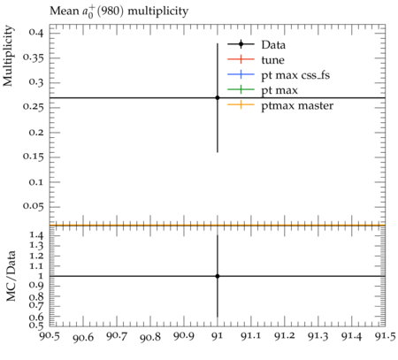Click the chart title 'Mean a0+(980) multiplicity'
pyautogui.click(x=119, y=11)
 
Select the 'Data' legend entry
pyautogui.click(x=273, y=45)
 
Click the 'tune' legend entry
pyautogui.click(x=272, y=60)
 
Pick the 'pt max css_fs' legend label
pyautogui.click(x=295, y=75)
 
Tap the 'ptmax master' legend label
pyautogui.click(x=297, y=105)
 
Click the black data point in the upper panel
pyautogui.click(x=218, y=97)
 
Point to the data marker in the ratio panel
pyautogui.click(x=218, y=276)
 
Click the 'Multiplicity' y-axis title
pyautogui.click(x=8, y=56)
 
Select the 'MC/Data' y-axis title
pyautogui.click(x=11, y=276)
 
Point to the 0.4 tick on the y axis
pyautogui.click(x=35, y=32)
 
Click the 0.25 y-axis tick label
pyautogui.click(x=33, y=107)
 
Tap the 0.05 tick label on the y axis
pyautogui.click(x=33, y=206)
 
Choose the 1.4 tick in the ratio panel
pyautogui.click(x=35, y=235)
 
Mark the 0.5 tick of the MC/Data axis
pyautogui.click(x=35, y=326)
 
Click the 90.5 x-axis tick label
pyautogui.click(x=50, y=336)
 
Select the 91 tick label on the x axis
pyautogui.click(x=218, y=336)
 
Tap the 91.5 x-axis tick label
pyautogui.click(x=385, y=336)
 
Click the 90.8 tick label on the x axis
pyautogui.click(x=150, y=336)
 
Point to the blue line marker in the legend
pyautogui.click(x=241, y=74)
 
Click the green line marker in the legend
pyautogui.click(x=241, y=89)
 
